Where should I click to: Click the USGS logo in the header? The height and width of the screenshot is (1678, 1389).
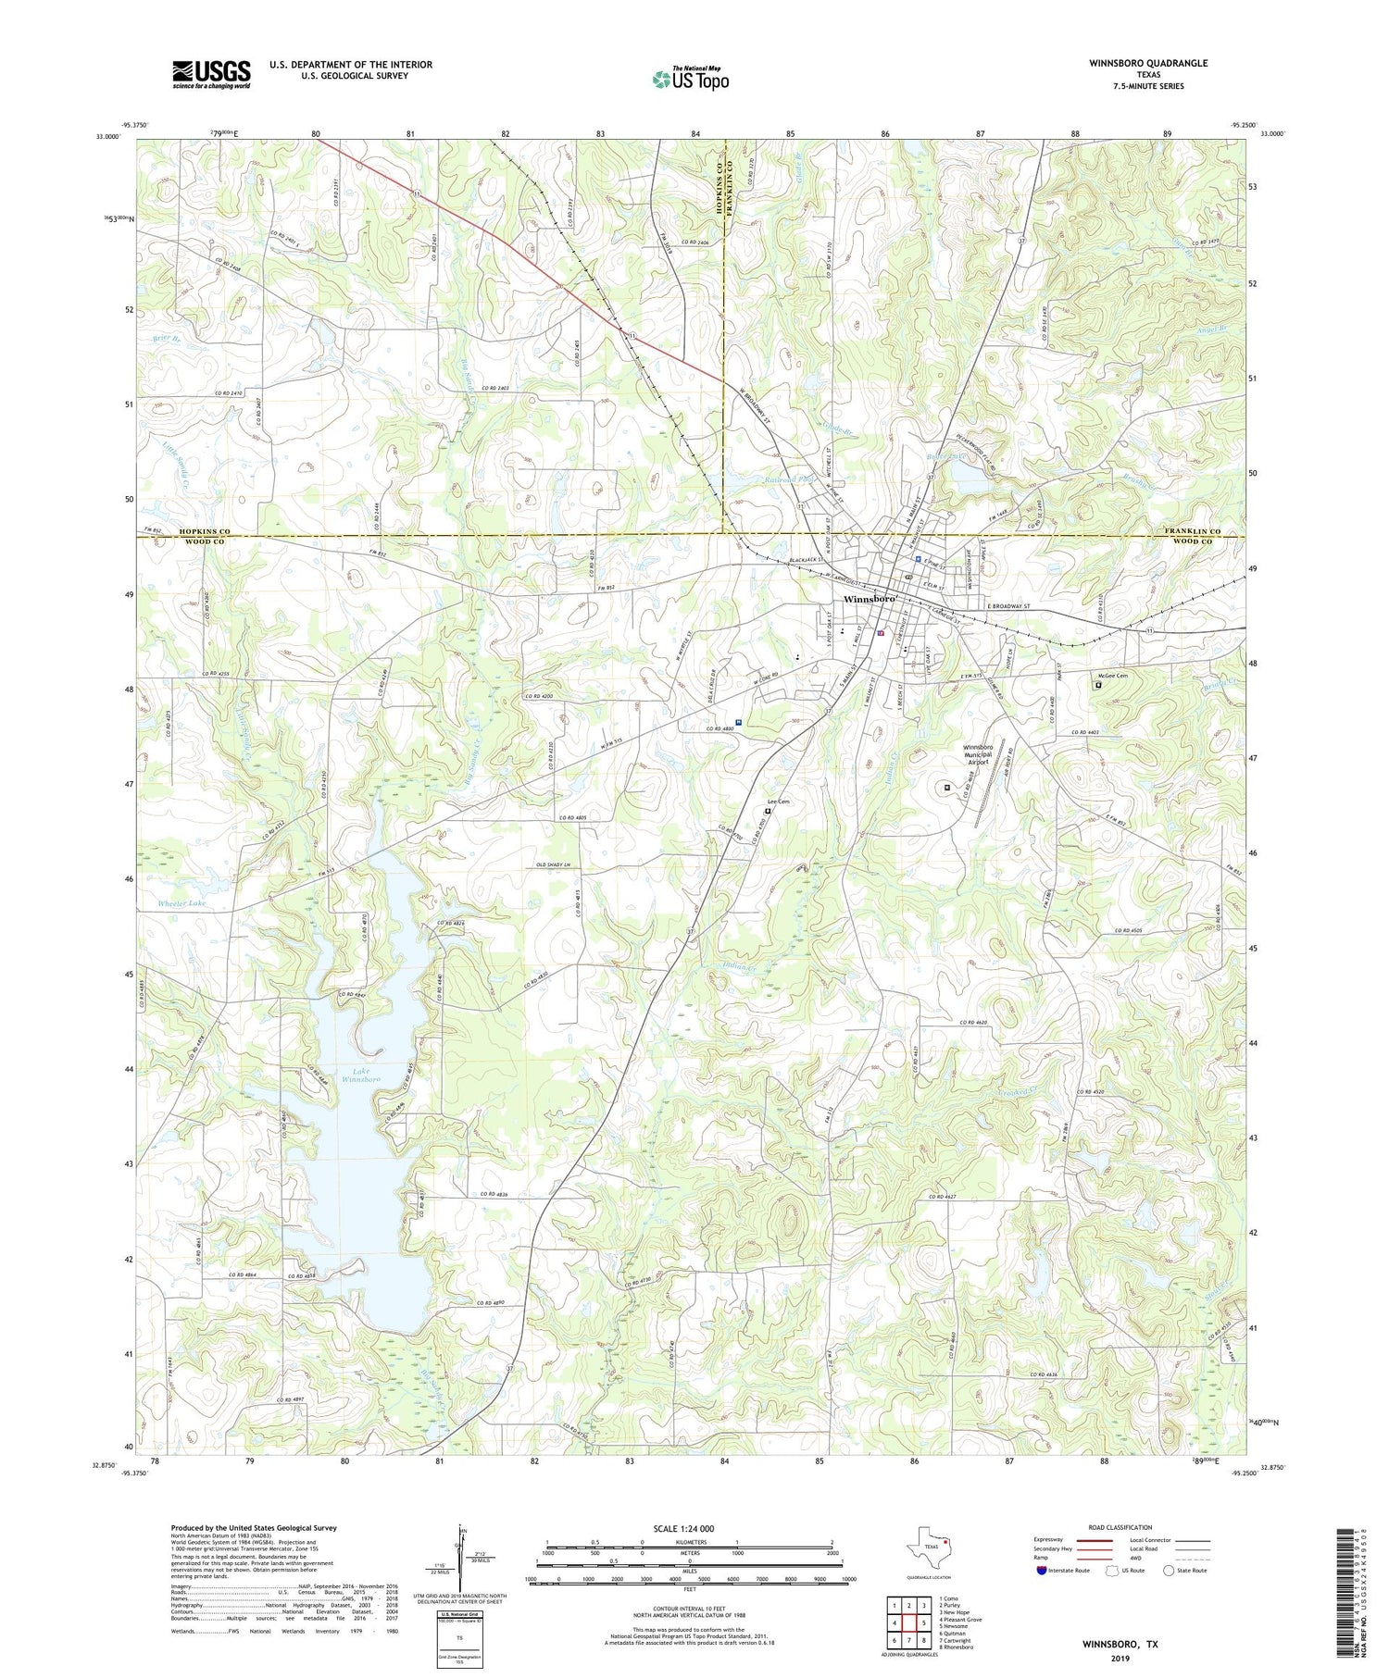211,74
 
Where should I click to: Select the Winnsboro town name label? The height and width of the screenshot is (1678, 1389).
870,600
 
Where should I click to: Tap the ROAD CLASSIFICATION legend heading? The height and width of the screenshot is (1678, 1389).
1120,1528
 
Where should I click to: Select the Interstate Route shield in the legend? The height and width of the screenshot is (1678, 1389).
1043,1571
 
